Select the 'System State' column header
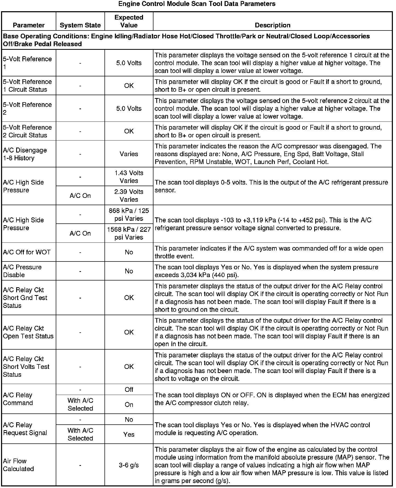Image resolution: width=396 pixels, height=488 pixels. [x=80, y=25]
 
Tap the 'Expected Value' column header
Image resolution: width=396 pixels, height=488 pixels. [x=129, y=21]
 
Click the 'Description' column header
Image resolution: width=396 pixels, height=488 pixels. [x=273, y=25]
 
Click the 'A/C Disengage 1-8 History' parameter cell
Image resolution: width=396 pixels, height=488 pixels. [x=25, y=154]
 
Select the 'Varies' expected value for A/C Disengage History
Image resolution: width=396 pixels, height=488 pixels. [x=129, y=154]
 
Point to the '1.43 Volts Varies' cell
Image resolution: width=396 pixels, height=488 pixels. [x=129, y=177]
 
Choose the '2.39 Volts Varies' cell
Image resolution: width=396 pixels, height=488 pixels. [x=129, y=196]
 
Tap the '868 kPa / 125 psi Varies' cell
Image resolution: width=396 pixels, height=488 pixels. [x=129, y=215]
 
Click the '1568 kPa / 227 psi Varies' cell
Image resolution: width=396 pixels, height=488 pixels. [x=129, y=233]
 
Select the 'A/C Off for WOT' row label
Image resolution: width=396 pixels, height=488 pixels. [x=27, y=252]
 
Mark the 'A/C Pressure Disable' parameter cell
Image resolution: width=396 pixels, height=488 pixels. [x=22, y=271]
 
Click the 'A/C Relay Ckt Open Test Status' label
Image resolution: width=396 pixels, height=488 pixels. [x=28, y=332]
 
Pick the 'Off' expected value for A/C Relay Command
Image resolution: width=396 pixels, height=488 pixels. [x=129, y=389]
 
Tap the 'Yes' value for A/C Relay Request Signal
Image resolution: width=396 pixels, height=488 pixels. [x=129, y=434]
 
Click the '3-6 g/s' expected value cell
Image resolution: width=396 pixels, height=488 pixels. [x=129, y=465]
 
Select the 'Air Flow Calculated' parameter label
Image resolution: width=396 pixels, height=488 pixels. [x=18, y=465]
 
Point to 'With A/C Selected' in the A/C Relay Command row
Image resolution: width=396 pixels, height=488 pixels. [x=80, y=404]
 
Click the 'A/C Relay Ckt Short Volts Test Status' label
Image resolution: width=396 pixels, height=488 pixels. [x=26, y=367]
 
